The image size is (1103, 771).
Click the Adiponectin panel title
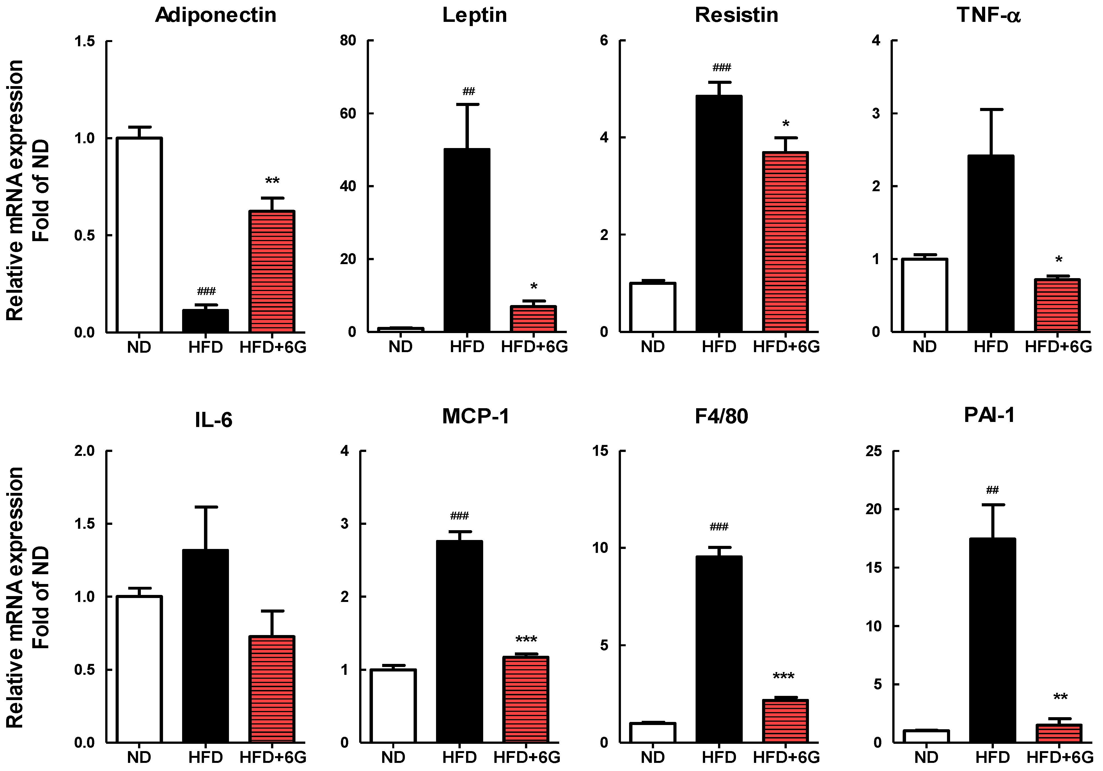click(216, 15)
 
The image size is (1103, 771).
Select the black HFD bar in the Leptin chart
click(466, 240)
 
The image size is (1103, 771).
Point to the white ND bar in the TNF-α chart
click(924, 295)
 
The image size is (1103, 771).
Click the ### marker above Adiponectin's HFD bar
click(206, 291)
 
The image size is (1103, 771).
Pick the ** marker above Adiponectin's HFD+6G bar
click(272, 181)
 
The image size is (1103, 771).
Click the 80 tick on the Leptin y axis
click(348, 41)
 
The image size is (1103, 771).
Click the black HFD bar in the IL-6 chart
click(206, 646)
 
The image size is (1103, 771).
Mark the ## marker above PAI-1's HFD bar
click(992, 490)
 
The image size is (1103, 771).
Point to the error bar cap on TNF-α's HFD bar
click(990, 109)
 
